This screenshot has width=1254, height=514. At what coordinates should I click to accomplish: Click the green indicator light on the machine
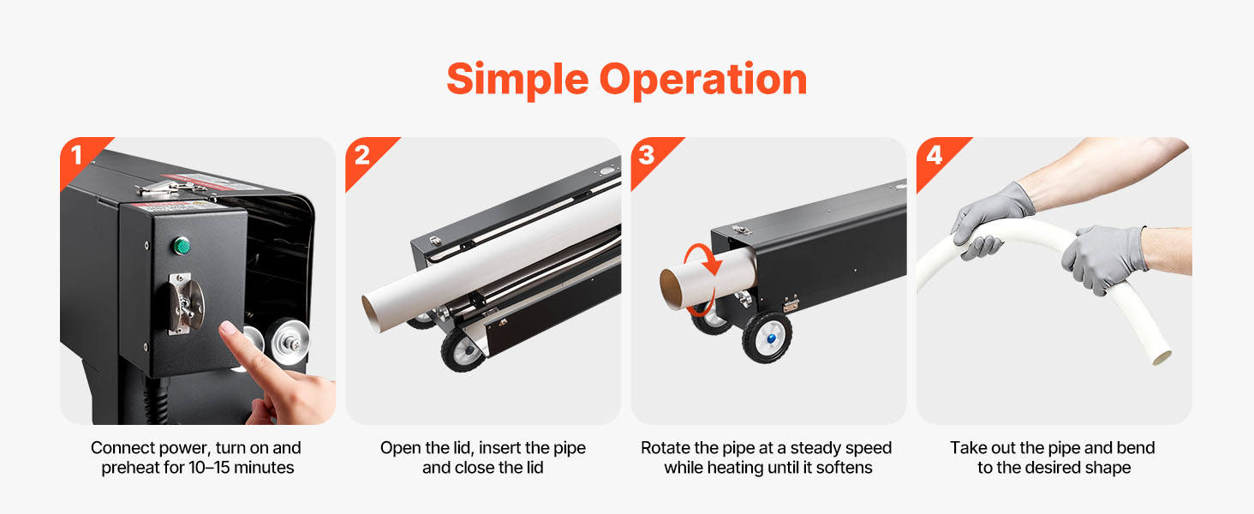tap(182, 245)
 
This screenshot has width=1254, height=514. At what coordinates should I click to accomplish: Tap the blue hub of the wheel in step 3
tap(772, 338)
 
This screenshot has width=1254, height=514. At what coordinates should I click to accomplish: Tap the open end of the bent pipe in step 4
tap(1161, 356)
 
